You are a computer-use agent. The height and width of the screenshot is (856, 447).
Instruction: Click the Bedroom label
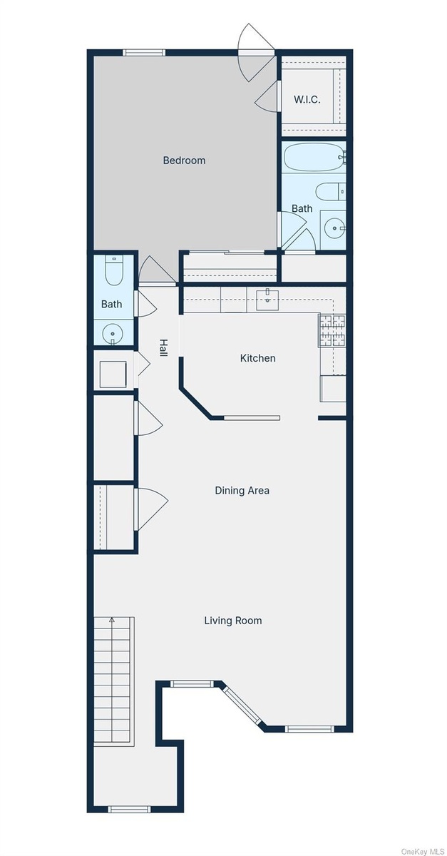(x=184, y=160)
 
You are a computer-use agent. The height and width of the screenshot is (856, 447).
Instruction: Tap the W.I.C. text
(x=307, y=100)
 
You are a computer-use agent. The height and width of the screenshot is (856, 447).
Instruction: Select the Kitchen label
(x=257, y=358)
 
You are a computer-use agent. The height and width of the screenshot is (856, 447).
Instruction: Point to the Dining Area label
(x=242, y=490)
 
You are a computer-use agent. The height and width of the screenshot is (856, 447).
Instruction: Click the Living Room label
(x=233, y=620)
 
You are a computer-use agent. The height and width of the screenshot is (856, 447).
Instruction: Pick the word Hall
(x=163, y=348)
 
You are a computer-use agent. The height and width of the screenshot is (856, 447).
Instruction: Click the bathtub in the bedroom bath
(x=313, y=157)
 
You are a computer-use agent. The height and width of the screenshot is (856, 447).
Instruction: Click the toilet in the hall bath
(x=113, y=270)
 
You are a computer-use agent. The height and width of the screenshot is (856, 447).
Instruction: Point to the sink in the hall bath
(x=113, y=335)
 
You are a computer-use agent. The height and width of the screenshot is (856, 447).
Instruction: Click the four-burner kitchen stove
(x=332, y=330)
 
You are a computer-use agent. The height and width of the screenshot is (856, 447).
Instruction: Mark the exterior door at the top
(x=256, y=52)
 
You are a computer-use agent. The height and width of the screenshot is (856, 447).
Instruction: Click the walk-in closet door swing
(x=268, y=96)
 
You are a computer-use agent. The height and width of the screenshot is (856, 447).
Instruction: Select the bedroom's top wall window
(x=144, y=53)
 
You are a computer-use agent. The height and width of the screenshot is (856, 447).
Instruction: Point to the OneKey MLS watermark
(x=423, y=851)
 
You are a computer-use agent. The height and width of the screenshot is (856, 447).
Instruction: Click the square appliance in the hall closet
(x=113, y=374)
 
